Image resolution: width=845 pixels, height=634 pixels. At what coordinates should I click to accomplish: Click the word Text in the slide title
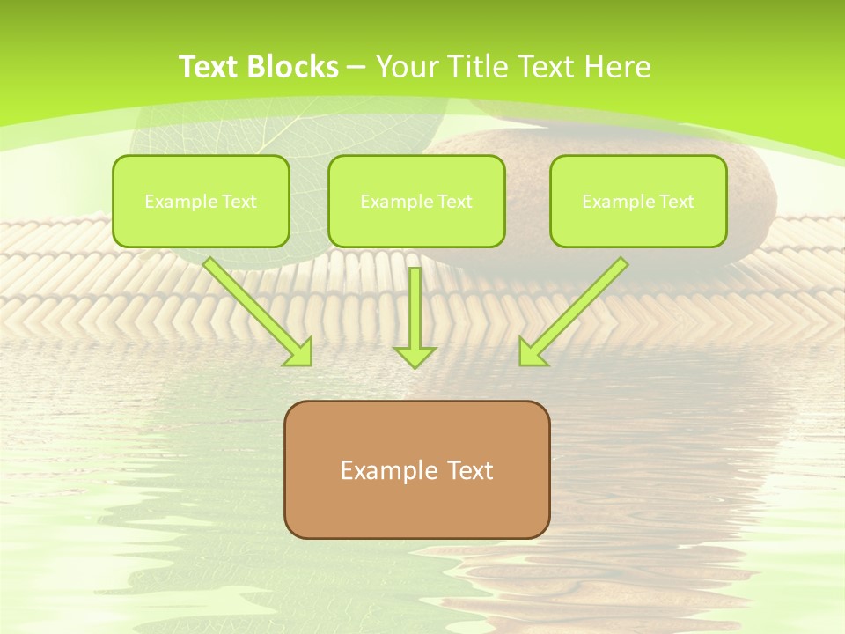(x=209, y=67)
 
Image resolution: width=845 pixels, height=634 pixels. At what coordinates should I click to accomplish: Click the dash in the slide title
(x=356, y=67)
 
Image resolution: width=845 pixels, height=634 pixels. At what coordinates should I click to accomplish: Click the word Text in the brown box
(x=471, y=470)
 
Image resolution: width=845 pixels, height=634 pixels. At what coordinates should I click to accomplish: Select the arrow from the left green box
(x=257, y=310)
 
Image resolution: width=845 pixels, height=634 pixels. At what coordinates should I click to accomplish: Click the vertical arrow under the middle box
(x=415, y=308)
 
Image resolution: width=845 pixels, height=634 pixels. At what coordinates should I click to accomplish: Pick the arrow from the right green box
(x=574, y=310)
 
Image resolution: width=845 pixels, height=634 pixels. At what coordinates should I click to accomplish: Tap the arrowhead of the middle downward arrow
(x=415, y=356)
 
